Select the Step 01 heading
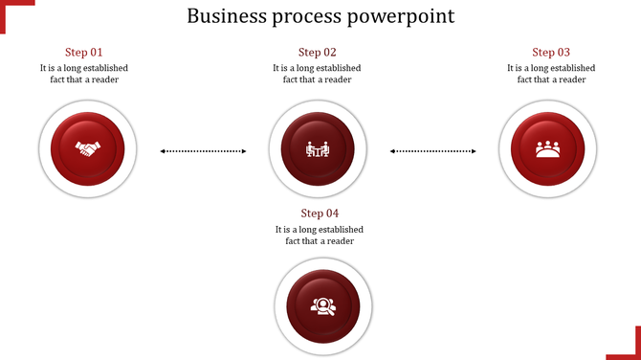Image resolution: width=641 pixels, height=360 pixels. (84, 53)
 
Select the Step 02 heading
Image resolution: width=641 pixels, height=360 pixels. (318, 53)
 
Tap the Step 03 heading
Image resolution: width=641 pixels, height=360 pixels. (551, 53)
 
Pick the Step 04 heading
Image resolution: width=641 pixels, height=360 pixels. (320, 214)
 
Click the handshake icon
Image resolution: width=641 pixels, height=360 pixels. (88, 149)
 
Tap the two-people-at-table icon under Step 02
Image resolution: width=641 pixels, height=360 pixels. (317, 149)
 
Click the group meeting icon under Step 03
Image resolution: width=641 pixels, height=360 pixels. (548, 149)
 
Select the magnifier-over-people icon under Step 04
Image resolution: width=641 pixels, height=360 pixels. (322, 306)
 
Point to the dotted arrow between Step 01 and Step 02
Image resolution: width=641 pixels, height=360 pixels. (203, 151)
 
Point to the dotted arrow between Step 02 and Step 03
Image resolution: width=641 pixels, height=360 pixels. (433, 151)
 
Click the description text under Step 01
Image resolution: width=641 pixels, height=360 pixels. (84, 74)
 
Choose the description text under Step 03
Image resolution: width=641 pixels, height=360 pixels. (551, 74)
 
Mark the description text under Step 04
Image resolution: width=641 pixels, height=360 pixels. (320, 236)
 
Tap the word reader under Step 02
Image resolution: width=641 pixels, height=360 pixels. (337, 79)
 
